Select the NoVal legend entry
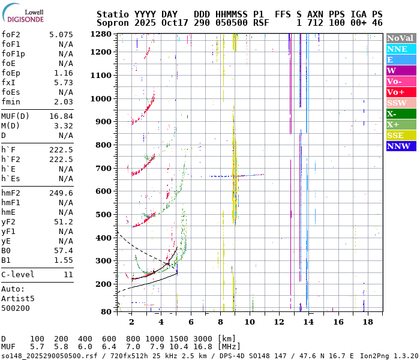coord(401,38)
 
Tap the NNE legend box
coord(401,49)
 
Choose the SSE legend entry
coord(401,135)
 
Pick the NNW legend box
coord(401,146)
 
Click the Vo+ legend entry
coord(401,92)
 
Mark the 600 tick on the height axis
coord(104,191)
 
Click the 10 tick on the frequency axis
coord(249,322)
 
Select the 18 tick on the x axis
coord(367,322)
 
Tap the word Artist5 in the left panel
coord(18,298)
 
